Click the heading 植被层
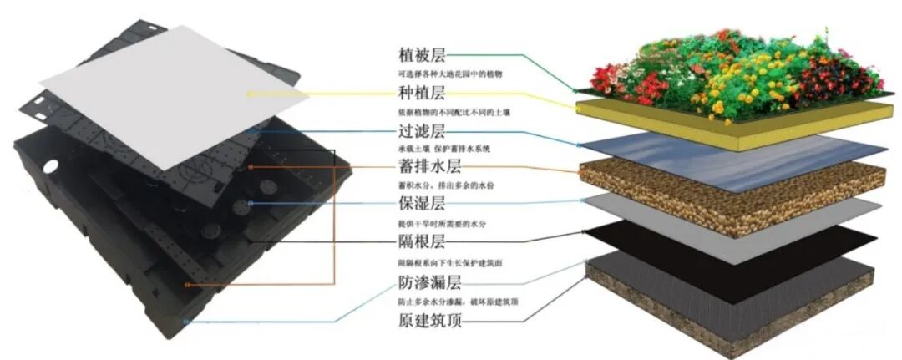422,56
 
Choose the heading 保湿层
422,206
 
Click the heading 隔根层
422,244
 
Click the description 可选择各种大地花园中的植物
450,74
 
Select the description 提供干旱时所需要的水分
448,225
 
